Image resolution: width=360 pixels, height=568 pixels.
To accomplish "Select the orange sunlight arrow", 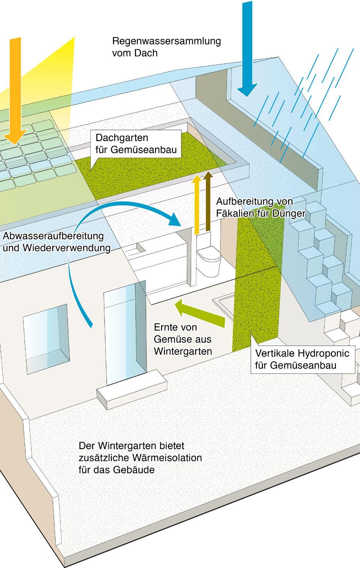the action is [15, 92].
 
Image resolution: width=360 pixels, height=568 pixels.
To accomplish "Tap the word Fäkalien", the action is [236, 213].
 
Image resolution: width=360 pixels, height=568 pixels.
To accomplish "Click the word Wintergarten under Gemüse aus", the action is [183, 351].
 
